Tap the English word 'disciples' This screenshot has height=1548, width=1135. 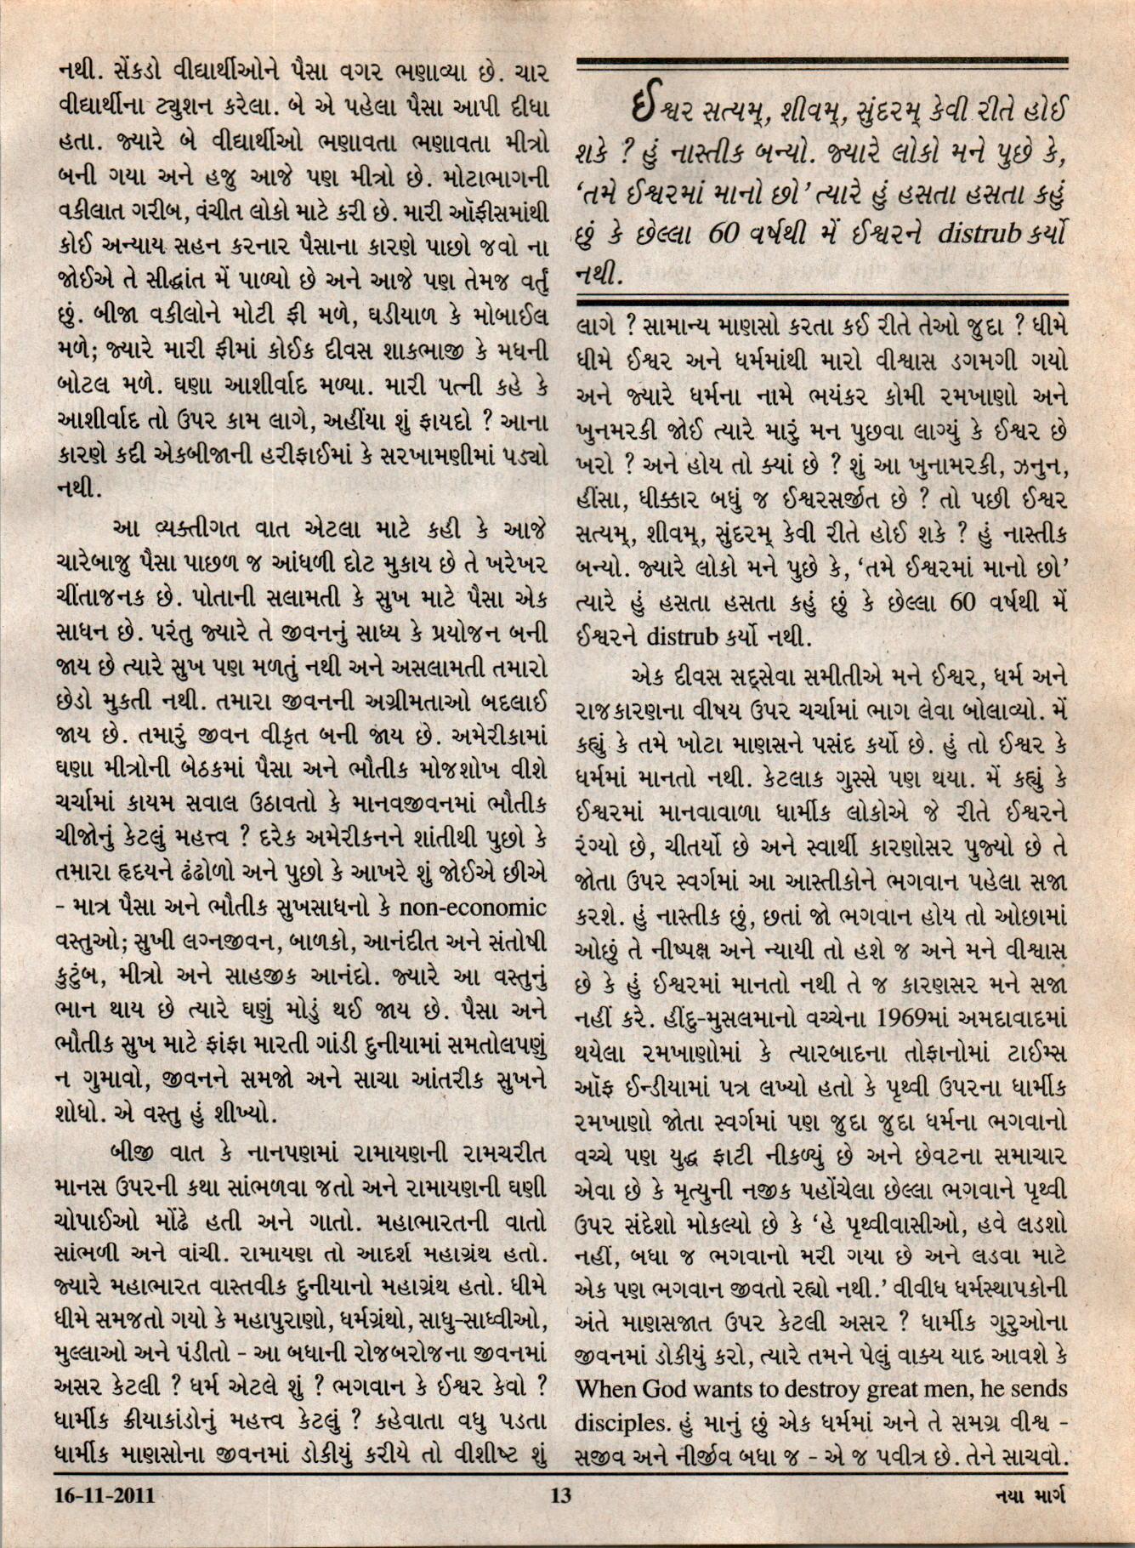(x=618, y=1421)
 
